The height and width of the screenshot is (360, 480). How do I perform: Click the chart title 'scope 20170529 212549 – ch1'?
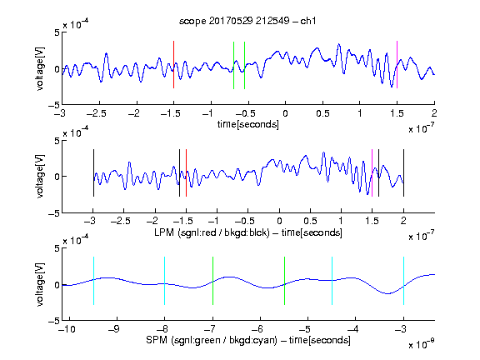coord(247,21)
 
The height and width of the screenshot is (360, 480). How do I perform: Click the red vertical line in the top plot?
coord(173,65)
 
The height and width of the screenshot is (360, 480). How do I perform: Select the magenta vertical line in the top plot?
coord(397,65)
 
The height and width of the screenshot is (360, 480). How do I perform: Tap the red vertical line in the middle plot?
coord(186,173)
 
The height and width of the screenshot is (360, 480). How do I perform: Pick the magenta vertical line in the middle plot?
coord(372,173)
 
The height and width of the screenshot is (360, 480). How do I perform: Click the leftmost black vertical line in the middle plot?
coord(93,173)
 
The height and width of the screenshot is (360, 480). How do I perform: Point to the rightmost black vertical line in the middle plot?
coord(403,173)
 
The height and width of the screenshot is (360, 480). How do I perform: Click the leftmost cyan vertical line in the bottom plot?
coord(93,281)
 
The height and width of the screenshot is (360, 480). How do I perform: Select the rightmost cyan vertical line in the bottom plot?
coord(403,281)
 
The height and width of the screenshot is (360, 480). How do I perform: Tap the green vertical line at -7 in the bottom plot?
coord(212,281)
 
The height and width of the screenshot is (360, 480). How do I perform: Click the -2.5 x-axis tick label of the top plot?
coord(96,113)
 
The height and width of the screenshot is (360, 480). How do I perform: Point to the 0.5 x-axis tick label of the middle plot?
coord(310,221)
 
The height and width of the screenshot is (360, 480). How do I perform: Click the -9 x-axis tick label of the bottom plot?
coord(114,329)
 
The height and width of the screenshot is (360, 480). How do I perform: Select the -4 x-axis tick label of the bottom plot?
coord(352,329)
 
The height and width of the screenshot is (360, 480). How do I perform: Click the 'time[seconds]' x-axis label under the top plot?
coord(248,124)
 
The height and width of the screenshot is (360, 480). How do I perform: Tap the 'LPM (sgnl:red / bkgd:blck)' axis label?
coord(212,232)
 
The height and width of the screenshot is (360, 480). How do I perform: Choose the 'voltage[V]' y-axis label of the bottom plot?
coord(40,284)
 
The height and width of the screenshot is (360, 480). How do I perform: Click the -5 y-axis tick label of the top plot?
coord(54,105)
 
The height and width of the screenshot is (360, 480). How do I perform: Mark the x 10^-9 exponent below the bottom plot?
coord(421,343)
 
